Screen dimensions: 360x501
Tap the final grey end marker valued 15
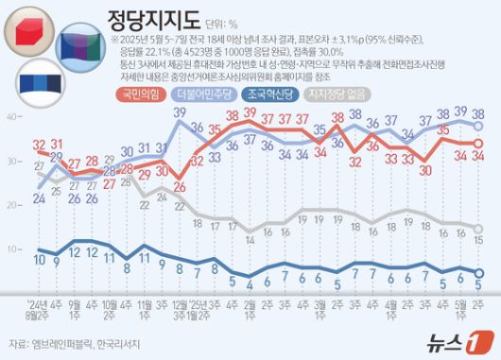pyautogui.click(x=479, y=228)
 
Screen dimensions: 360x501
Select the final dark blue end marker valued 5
pyautogui.click(x=479, y=271)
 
